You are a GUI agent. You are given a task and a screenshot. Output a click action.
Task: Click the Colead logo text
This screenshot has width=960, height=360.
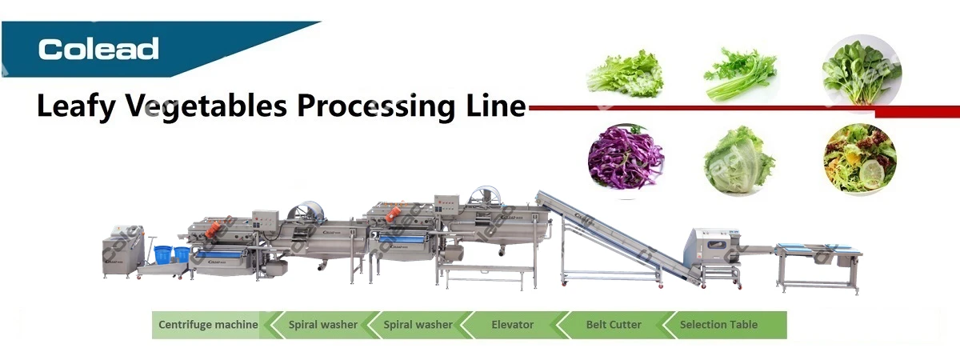click(98, 49)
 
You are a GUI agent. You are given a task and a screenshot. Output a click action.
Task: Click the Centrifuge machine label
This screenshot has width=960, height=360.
click(208, 325)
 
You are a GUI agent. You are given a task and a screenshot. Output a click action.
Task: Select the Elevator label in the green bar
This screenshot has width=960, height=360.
click(512, 325)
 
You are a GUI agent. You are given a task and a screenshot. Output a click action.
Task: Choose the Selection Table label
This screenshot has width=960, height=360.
click(718, 325)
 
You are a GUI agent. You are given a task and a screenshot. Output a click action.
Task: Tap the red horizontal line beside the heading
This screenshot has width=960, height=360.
click(720, 107)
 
